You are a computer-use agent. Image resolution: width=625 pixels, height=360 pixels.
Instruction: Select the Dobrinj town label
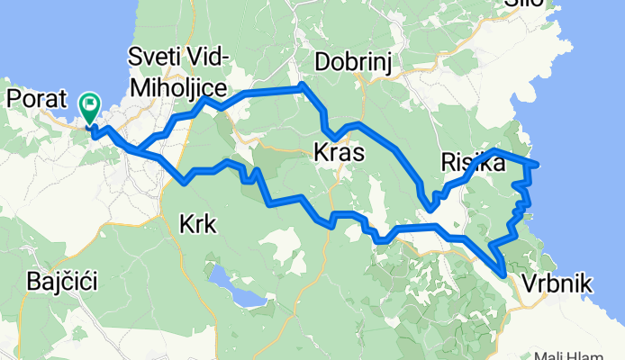click(351, 61)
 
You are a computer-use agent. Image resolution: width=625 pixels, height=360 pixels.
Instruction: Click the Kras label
click(340, 153)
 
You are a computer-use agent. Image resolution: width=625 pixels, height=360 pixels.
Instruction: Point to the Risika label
click(472, 163)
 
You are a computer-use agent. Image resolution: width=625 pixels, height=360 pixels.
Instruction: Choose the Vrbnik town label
click(556, 284)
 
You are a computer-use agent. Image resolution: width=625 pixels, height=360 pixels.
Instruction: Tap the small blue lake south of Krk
click(236, 286)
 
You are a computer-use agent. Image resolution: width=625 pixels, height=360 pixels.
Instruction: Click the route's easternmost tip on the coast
click(537, 164)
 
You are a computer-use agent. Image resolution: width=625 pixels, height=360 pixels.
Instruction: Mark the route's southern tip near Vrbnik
click(503, 265)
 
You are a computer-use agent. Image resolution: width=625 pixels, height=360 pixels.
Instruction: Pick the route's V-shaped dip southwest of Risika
click(431, 208)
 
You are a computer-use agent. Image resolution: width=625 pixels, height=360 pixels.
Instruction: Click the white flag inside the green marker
click(90, 105)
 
